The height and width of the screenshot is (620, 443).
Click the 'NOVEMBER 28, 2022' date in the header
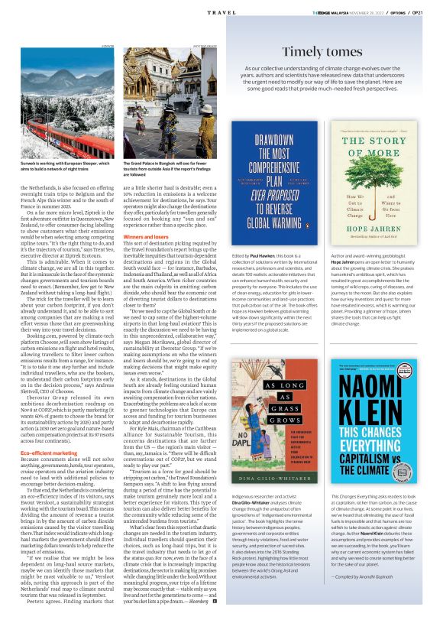click(358, 12)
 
